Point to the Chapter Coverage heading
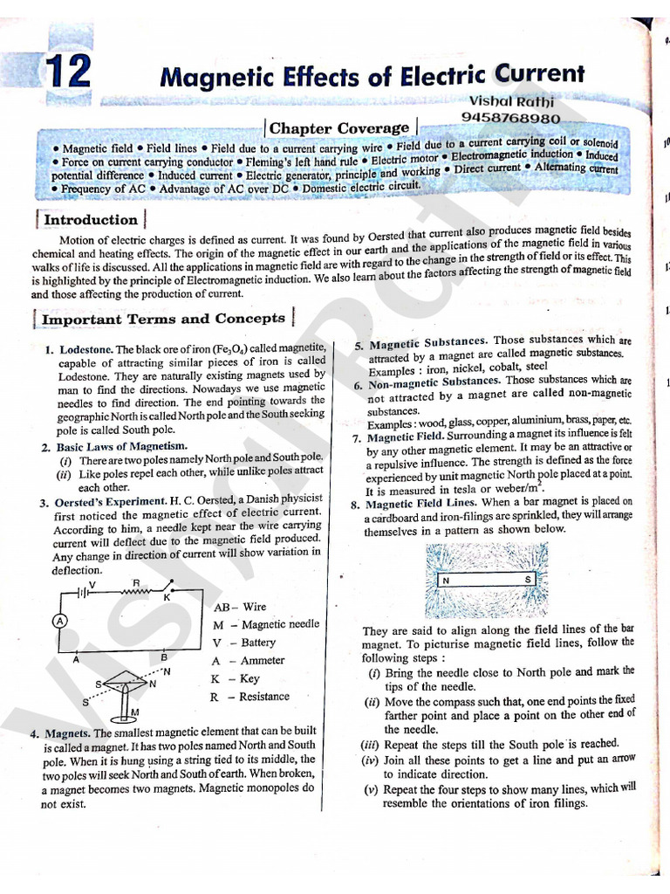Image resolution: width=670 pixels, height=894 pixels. [338, 128]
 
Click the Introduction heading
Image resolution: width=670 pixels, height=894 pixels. [90, 220]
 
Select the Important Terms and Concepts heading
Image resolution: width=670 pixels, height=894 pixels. [163, 320]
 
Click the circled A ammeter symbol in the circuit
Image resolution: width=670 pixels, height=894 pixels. [60, 621]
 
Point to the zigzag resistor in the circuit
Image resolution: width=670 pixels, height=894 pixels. [137, 592]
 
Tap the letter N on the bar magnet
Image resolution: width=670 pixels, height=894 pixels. [446, 579]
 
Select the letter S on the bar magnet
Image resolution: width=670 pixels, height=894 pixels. [527, 579]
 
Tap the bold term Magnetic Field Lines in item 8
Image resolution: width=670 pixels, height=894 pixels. [421, 504]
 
